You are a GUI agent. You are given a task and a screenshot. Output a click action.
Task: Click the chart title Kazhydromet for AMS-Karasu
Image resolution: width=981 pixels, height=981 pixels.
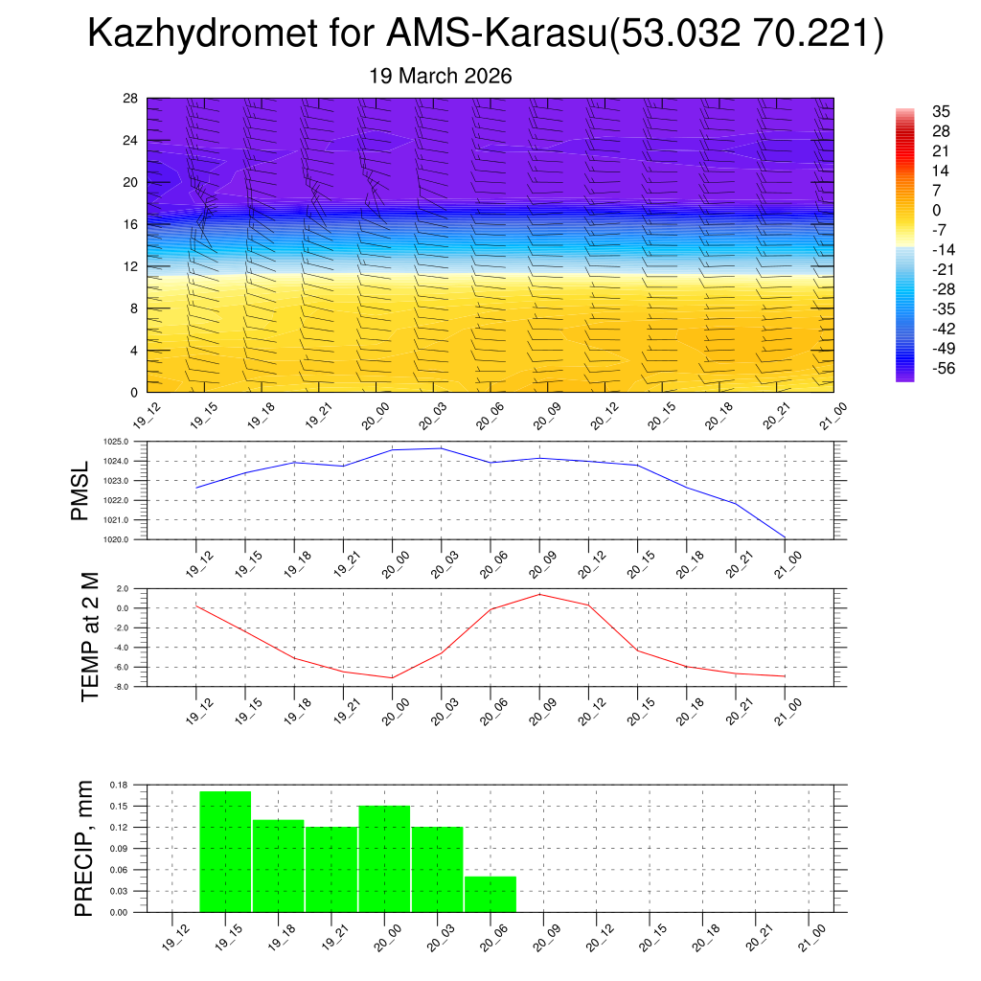[485, 34]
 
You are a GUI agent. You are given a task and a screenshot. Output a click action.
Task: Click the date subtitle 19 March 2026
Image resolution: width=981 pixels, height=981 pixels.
[441, 76]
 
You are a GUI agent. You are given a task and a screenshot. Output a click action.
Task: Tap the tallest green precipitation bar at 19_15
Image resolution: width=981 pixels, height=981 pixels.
[225, 851]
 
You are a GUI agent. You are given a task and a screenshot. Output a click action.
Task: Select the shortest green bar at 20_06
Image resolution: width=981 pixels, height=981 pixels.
[490, 894]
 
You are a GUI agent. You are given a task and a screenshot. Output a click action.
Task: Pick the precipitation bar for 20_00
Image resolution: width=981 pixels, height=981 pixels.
[384, 858]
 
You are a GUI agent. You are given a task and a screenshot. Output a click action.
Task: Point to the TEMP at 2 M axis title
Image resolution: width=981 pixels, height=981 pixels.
[90, 637]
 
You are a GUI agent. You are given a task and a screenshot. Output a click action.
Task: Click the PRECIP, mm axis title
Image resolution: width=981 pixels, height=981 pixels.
[84, 849]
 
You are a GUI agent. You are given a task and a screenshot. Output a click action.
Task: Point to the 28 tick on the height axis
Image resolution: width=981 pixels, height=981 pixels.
[131, 99]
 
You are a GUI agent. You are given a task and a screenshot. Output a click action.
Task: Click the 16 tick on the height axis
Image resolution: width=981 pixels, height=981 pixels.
[131, 224]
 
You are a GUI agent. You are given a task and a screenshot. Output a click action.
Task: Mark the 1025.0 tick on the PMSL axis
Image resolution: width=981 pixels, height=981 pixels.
[127, 442]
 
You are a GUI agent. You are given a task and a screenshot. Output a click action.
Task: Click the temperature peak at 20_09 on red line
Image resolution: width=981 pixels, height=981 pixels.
[539, 594]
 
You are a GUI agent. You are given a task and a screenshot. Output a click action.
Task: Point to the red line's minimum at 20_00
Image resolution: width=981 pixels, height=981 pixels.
[392, 677]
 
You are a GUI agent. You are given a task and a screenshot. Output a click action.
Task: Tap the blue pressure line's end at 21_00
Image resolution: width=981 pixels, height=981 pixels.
[785, 537]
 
